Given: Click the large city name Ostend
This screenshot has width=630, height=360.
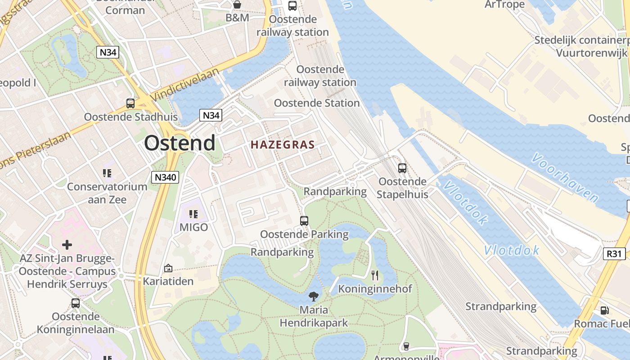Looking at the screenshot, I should point(180,143).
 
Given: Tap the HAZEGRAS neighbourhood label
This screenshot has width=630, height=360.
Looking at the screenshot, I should point(283,144).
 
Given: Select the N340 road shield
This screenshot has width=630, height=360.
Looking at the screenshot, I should point(165,177).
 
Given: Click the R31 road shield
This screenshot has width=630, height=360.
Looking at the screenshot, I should point(614,254).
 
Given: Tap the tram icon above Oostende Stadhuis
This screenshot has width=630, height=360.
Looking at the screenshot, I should point(130,103).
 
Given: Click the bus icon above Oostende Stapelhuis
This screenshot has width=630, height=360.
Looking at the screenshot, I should point(402,168).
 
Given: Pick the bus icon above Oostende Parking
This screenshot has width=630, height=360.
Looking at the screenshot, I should point(304,221).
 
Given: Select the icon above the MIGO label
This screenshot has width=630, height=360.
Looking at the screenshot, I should point(193,214).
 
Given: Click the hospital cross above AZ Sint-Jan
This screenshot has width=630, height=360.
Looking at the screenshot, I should point(67,245).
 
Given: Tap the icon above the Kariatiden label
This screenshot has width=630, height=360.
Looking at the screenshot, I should point(168,268).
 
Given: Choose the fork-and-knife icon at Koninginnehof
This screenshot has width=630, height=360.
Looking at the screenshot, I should point(374,275).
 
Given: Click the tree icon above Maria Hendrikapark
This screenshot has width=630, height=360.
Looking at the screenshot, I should point(314,296).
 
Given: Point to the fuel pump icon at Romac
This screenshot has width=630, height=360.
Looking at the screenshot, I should point(604,310).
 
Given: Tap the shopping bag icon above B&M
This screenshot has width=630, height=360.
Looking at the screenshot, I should point(237,4).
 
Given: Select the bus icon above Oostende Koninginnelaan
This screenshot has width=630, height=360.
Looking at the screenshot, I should point(76,303).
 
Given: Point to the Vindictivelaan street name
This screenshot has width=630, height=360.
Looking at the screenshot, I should point(184,85).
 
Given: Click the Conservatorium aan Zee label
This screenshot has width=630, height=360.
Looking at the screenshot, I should point(107,193).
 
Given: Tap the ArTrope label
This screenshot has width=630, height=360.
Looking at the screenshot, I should point(504,4).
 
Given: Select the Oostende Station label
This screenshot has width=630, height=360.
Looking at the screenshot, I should point(317,103).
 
